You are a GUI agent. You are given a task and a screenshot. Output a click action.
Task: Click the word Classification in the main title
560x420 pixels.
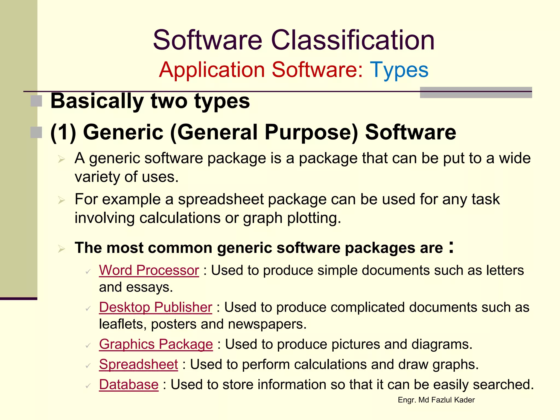pyautogui.click(x=352, y=40)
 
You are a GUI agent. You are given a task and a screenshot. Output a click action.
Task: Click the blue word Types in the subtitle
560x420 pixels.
pyautogui.click(x=399, y=70)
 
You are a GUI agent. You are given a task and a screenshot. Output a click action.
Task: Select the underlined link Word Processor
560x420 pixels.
pyautogui.click(x=149, y=270)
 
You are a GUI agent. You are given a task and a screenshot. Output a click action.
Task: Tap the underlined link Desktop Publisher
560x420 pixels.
pyautogui.click(x=156, y=307)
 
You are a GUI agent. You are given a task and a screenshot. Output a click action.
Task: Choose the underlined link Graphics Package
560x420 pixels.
pyautogui.click(x=156, y=344)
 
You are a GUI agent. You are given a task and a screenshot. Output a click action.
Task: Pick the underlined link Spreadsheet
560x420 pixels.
pyautogui.click(x=138, y=364)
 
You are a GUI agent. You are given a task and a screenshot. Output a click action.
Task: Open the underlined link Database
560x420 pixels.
pyautogui.click(x=129, y=385)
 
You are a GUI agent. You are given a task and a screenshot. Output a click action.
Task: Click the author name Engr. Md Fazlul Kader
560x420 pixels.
pyautogui.click(x=436, y=400)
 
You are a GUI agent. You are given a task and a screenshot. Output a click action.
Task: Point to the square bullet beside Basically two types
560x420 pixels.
pyautogui.click(x=36, y=101)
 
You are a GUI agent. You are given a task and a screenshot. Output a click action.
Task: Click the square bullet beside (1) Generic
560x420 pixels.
pyautogui.click(x=36, y=132)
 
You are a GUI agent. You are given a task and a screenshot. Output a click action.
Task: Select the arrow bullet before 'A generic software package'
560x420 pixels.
pyautogui.click(x=62, y=159)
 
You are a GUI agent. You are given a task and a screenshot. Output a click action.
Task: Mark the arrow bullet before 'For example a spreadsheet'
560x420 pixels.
pyautogui.click(x=62, y=200)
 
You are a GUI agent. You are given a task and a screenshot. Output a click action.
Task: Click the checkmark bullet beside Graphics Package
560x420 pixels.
pyautogui.click(x=88, y=346)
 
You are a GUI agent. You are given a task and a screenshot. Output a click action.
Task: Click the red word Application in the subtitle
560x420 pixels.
pyautogui.click(x=212, y=70)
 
